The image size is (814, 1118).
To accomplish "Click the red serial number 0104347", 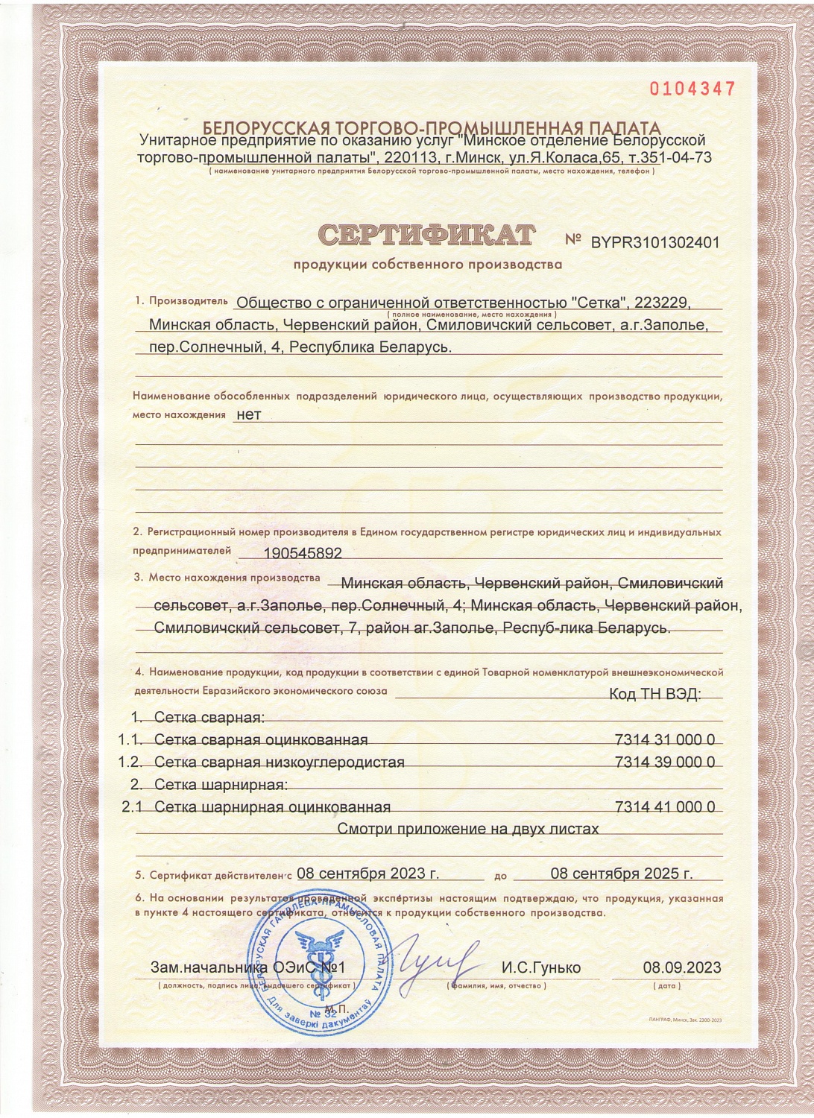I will tap(692, 89).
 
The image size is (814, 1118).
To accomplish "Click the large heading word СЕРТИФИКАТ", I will tap(427, 235).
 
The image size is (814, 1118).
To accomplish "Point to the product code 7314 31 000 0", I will tap(665, 740).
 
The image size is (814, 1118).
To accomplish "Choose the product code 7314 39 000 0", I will tap(665, 762).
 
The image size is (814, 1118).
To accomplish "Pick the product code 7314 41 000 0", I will tap(665, 807).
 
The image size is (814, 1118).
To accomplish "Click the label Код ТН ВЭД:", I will tap(655, 694).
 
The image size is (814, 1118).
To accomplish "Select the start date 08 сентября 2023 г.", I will tap(368, 874).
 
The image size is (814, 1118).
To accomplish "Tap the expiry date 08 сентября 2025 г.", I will tap(622, 874).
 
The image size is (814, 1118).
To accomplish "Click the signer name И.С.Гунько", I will tap(540, 968).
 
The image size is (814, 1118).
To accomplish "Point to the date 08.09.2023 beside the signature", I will tap(681, 968).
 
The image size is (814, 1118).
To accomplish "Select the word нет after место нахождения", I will tap(248, 414).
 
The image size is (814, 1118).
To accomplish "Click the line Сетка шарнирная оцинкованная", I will tap(273, 807).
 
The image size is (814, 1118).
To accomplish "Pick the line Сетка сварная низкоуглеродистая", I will tap(280, 762).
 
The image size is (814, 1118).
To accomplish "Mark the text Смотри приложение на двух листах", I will tap(468, 829).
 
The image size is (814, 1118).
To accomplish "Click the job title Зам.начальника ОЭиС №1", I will tap(246, 968).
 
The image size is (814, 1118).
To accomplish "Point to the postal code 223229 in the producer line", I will tap(665, 303).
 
